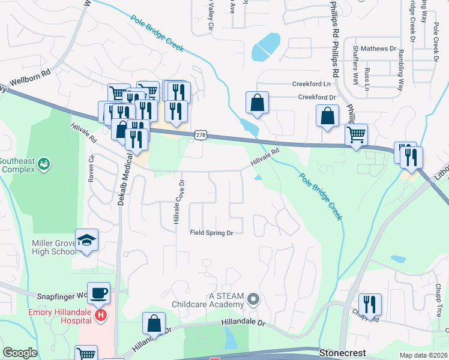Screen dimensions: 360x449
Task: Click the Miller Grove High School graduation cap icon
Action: [87, 241]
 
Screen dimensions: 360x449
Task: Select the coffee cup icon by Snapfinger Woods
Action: [99, 293]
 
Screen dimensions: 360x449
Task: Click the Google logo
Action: [20, 353]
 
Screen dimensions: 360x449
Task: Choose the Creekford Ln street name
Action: [312, 84]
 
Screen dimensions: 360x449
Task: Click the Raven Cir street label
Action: [91, 169]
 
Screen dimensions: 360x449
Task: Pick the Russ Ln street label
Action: [367, 78]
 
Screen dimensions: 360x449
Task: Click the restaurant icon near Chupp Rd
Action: [369, 304]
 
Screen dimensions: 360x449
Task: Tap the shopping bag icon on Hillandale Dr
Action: [154, 323]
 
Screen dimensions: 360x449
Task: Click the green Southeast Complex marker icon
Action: [43, 163]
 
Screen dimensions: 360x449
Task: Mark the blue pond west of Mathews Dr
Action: [265, 47]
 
